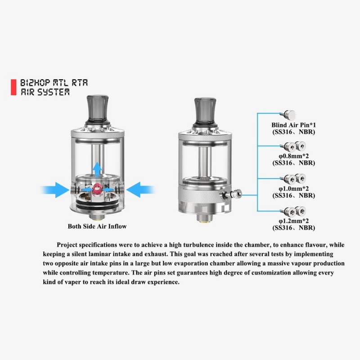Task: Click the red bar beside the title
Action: (13, 87)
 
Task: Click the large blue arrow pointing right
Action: (54, 189)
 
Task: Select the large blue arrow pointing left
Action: (140, 189)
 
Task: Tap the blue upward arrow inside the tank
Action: (98, 169)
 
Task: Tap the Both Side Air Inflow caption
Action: (97, 226)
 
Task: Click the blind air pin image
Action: (288, 114)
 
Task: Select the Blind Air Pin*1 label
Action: (294, 125)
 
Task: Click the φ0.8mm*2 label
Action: (294, 156)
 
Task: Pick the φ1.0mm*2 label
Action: (294, 189)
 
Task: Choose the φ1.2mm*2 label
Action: (294, 221)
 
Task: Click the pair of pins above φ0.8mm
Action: (293, 147)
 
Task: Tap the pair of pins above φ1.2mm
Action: (293, 211)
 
